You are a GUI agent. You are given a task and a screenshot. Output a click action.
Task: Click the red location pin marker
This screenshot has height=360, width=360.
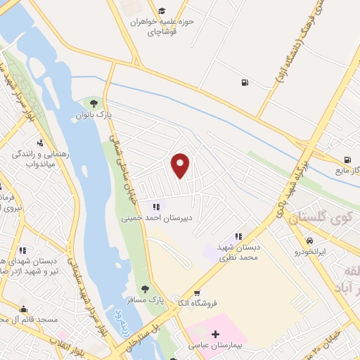coord(181,165)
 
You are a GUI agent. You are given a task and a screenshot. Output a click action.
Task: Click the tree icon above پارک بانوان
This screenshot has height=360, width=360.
coord(93,103)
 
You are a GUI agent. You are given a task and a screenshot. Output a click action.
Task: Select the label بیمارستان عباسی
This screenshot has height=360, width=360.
coord(214,345)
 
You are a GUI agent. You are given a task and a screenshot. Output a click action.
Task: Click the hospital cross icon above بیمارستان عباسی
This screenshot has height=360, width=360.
coord(215,333)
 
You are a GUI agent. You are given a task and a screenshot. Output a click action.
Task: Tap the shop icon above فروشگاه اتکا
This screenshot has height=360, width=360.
coord(197,293)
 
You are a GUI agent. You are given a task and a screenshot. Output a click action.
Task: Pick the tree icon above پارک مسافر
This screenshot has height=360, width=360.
coord(145,289)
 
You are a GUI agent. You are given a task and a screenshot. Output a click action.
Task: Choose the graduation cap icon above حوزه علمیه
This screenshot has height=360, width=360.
coord(162,11)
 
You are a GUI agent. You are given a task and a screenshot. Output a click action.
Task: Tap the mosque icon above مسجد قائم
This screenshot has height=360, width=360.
coord(24,309)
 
